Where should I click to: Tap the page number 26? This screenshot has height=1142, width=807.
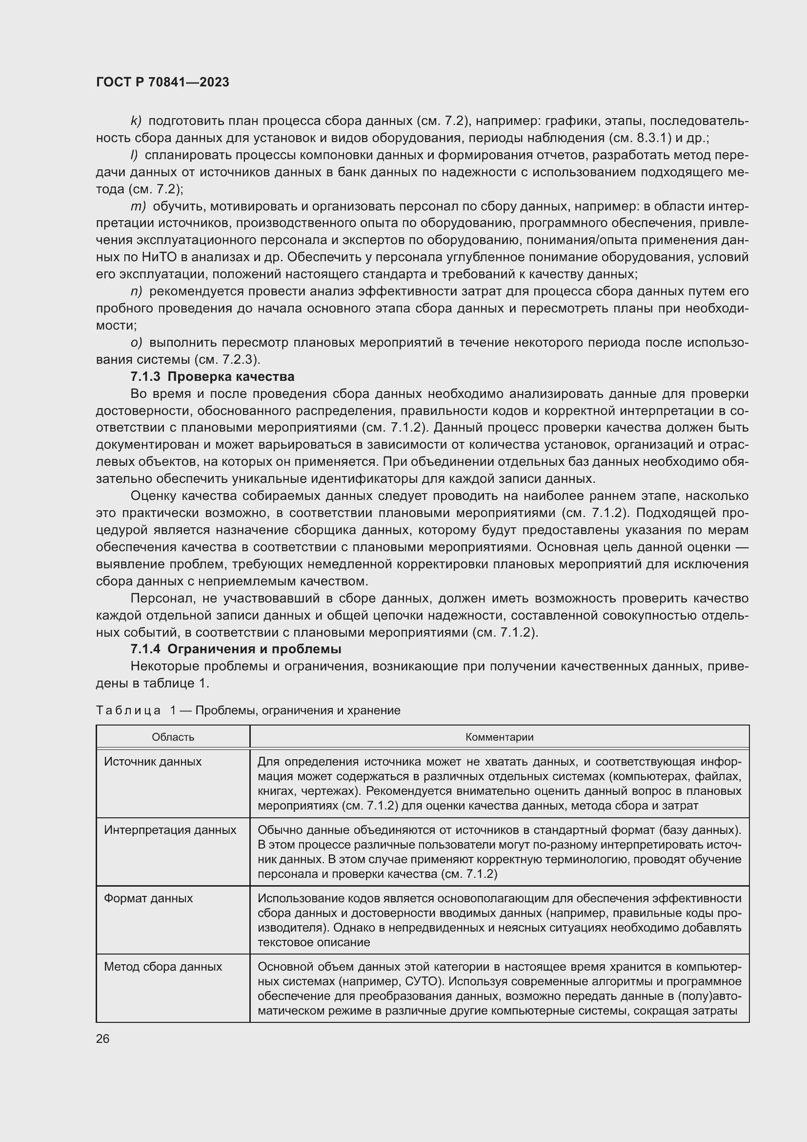coord(103,1038)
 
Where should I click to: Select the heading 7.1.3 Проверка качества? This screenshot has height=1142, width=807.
coord(212,376)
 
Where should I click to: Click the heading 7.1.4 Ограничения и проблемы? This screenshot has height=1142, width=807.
coord(236,649)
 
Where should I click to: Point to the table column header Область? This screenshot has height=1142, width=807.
coord(173,737)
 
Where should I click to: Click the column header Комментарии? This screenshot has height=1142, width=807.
coord(499,737)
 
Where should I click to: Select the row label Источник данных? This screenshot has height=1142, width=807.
coord(153,762)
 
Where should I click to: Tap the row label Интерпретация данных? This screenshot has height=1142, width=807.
coord(170,830)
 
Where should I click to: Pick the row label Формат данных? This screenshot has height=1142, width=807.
coord(148,898)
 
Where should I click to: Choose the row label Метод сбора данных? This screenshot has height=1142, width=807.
coord(163,966)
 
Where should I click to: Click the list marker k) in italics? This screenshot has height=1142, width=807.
coord(136,122)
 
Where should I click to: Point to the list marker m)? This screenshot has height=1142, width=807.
coord(138,207)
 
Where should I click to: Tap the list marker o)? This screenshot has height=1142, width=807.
coord(137,343)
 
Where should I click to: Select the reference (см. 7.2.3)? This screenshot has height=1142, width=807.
coord(226,360)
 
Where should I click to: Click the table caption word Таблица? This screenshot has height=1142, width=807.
coord(128,710)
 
